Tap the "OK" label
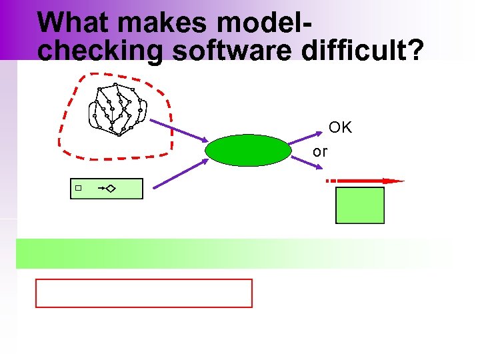point(340,128)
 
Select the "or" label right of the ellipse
point(320,152)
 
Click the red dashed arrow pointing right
point(364,181)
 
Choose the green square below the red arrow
point(360,205)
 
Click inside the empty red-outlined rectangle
point(144,293)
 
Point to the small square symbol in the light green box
point(78,189)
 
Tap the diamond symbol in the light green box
point(110,189)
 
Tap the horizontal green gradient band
point(233,253)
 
